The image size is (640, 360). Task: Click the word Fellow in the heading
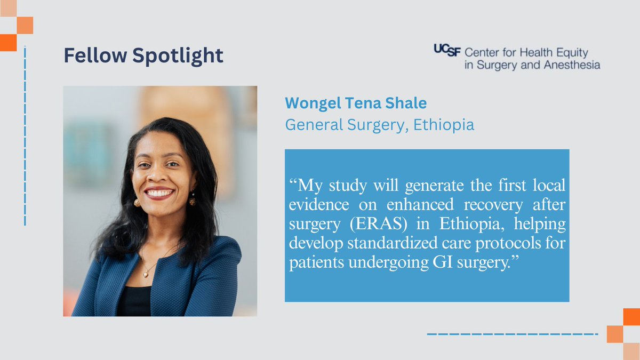click(x=95, y=55)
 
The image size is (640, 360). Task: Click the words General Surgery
click(x=345, y=125)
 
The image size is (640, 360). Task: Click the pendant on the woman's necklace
click(x=146, y=273)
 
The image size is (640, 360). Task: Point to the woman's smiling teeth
click(x=158, y=191)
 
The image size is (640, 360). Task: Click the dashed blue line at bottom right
click(x=512, y=334)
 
